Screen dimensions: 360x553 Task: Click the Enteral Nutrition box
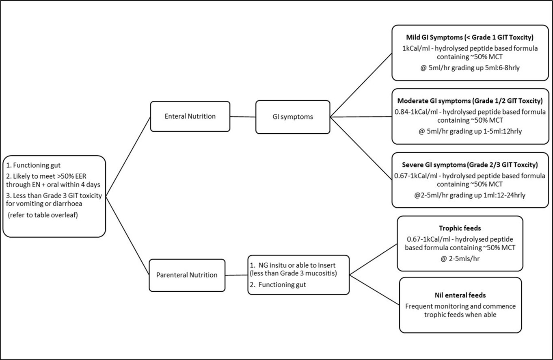(190, 116)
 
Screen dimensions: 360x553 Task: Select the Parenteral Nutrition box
(187, 275)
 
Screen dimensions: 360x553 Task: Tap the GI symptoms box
(292, 117)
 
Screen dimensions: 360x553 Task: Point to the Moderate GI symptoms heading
(470, 101)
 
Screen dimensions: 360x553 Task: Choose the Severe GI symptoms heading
(470, 165)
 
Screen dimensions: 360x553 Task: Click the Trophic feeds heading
(460, 228)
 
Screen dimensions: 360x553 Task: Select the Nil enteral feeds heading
(460, 295)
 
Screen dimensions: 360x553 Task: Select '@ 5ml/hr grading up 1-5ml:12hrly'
(469, 131)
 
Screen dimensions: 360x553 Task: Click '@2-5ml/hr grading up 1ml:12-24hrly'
(469, 195)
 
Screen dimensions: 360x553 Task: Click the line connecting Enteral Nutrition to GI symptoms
(243, 117)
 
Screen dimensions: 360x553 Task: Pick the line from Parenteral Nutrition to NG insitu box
(236, 275)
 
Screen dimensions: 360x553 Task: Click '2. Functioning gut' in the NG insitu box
(278, 285)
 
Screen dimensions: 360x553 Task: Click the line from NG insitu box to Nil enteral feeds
(374, 289)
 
